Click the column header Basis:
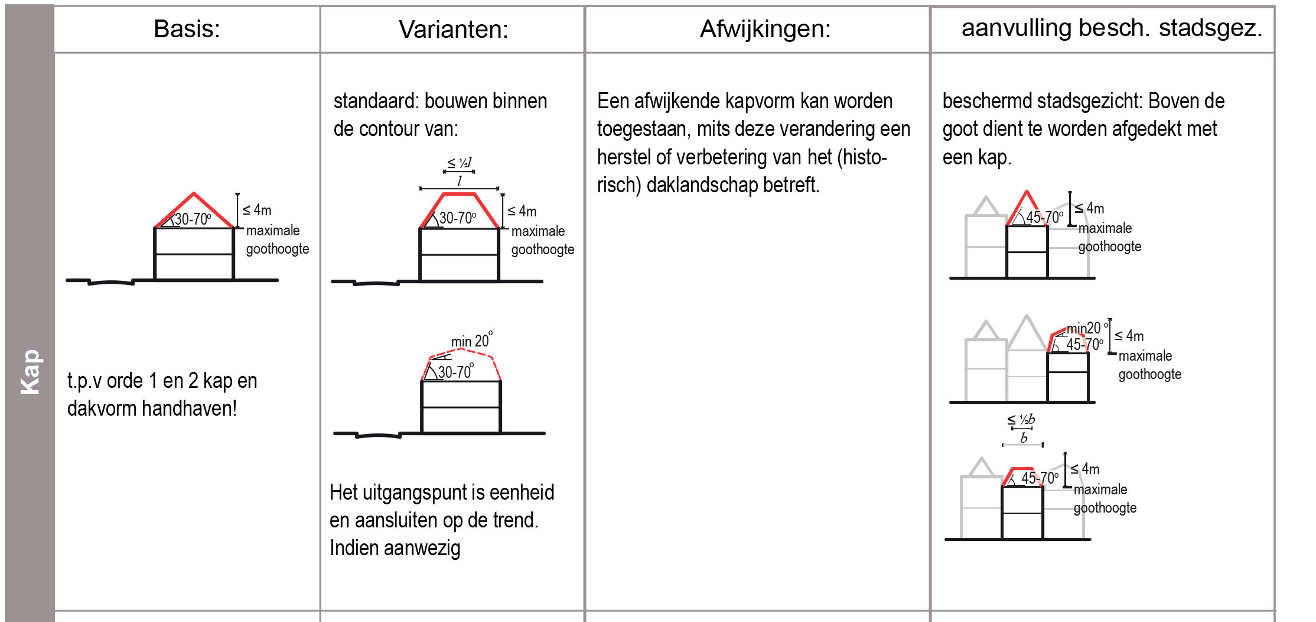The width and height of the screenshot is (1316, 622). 187,29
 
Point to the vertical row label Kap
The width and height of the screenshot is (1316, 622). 30,372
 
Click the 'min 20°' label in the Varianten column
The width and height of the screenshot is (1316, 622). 471,340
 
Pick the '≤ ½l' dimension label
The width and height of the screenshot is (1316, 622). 459,162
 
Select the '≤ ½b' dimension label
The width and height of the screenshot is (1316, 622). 1021,420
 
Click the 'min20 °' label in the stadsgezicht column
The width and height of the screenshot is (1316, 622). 1087,328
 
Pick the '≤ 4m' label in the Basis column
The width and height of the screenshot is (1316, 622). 257,210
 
